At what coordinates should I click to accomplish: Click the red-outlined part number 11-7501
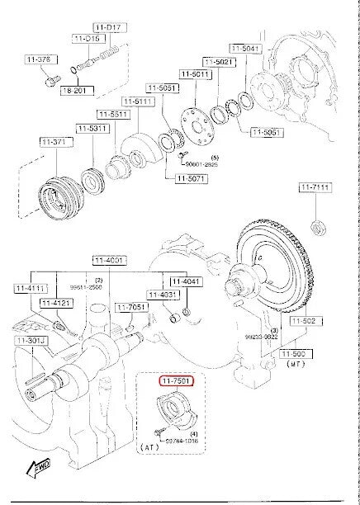[x=177, y=381]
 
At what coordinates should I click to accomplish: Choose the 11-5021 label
[x=221, y=62]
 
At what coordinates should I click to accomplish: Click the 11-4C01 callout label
[x=109, y=260]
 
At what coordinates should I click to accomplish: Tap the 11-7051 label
[x=130, y=307]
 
